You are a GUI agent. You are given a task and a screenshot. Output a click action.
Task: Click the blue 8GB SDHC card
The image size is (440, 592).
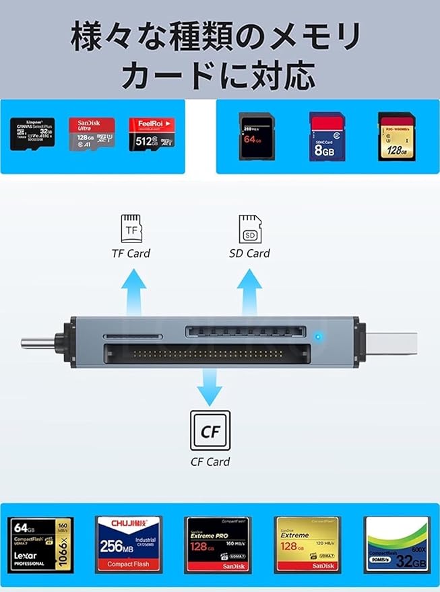327,136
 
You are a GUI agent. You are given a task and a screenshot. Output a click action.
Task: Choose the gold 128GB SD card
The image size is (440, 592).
396,136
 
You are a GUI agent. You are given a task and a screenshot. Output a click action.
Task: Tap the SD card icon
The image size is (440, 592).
249,229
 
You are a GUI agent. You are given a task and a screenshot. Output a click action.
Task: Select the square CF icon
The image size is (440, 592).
210,430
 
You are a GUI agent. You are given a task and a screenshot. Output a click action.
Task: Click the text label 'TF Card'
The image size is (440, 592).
131,254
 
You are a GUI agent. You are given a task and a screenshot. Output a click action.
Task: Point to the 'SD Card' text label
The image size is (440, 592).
249,254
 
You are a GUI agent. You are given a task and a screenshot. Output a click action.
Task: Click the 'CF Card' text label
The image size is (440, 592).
210,462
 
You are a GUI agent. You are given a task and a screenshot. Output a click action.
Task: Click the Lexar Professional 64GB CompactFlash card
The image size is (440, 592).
40,544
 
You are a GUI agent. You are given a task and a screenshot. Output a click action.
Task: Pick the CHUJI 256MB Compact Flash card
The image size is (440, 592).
128,544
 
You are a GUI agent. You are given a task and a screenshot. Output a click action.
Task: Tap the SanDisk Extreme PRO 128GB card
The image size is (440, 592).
218,544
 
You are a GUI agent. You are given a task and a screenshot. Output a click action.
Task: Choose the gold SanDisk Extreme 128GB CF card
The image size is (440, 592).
307,544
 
